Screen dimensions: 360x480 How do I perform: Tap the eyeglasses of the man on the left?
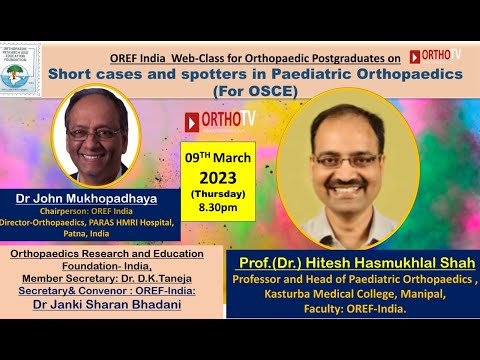click(95, 132)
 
